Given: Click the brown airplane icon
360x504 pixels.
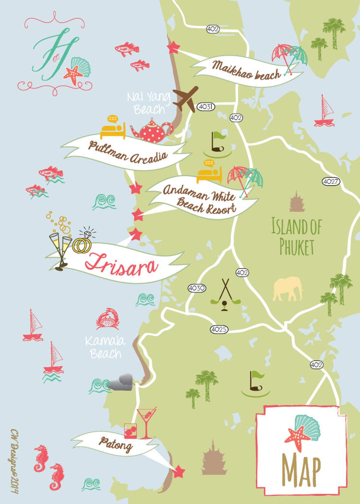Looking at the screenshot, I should point(186,99).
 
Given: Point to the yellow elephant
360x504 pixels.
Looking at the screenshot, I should point(288,289).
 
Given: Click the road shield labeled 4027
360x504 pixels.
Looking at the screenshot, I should point(331,182).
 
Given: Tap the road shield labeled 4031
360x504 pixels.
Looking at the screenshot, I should point(206,107).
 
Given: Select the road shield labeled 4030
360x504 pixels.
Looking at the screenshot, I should point(196,288).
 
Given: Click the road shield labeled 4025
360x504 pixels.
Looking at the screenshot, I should point(219,329).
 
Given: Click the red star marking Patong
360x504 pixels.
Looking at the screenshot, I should point(179,471).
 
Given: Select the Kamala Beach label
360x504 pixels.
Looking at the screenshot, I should point(105,347).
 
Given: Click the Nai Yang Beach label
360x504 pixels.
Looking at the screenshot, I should point(148,103).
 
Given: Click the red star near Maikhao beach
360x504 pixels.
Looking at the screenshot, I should point(173,48).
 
